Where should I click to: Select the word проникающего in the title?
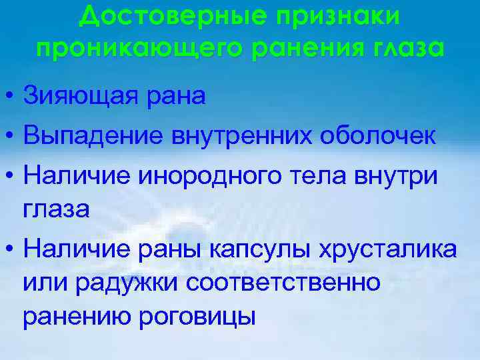pos(134,48)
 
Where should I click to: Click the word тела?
pos(313,176)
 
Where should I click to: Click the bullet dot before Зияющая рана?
pos(8,97)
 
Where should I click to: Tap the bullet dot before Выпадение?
pos(8,137)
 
